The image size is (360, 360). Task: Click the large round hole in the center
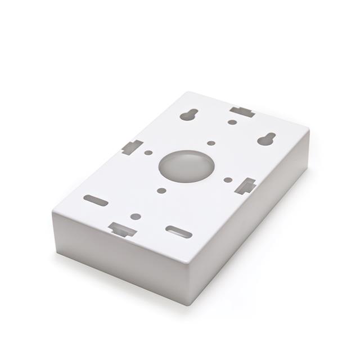click(186, 165)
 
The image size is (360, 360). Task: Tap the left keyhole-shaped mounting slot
click(188, 115)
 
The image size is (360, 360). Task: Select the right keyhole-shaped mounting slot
click(267, 138)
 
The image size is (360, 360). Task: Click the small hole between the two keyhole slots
click(232, 122)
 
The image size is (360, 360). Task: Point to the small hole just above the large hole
click(211, 143)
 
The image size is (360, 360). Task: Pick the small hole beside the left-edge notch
click(148, 152)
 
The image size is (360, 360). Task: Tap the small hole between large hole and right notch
click(228, 180)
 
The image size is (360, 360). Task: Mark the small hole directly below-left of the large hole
click(161, 191)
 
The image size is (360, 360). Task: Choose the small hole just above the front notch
click(136, 216)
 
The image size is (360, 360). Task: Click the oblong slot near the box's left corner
click(96, 200)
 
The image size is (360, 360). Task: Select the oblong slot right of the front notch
click(179, 231)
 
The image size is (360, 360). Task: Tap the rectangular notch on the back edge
click(242, 111)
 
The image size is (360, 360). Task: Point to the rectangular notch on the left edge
click(132, 147)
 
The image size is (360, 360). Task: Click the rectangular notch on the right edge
click(246, 186)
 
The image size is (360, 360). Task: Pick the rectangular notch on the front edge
click(122, 229)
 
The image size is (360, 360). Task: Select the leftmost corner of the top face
click(53, 214)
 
